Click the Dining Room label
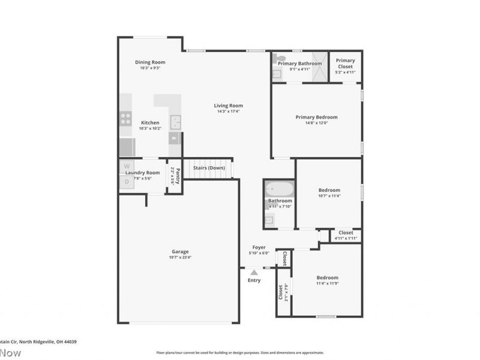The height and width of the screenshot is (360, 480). [150, 62]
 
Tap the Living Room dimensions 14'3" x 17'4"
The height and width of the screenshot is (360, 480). [229, 111]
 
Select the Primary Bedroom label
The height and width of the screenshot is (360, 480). [316, 117]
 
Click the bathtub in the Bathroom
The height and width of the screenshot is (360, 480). [279, 189]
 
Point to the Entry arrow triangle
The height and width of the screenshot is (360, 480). [254, 272]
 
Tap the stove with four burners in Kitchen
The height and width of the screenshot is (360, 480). [126, 118]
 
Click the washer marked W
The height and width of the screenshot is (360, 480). [127, 166]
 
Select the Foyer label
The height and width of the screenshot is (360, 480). [259, 247]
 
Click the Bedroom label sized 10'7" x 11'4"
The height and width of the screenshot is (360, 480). [329, 190]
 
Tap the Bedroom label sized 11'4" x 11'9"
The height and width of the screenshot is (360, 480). [328, 278]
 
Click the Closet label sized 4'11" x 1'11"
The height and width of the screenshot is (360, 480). [346, 232]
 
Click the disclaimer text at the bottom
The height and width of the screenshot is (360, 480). [240, 353]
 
